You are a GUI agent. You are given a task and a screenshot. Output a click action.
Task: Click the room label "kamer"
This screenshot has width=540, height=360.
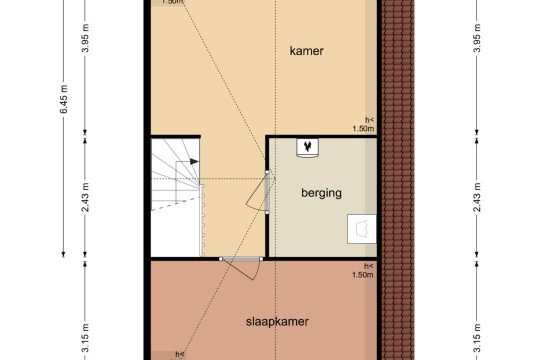(307, 51)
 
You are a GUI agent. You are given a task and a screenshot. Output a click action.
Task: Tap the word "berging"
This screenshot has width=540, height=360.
(321, 193)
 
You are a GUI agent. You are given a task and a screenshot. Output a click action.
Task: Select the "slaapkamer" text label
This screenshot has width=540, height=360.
(277, 322)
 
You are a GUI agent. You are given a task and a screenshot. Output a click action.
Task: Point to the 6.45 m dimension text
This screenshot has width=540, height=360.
(64, 99)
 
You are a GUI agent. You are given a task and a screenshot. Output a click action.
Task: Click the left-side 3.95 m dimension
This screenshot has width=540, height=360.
(85, 38)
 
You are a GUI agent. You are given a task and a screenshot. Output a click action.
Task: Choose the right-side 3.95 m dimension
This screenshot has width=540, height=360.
(477, 38)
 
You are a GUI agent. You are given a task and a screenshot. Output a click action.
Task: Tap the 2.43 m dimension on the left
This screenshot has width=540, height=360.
(85, 197)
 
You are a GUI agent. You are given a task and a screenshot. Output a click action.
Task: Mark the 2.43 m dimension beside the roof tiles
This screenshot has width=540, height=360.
(477, 197)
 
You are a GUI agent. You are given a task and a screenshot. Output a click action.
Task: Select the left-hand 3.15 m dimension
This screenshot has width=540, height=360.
(85, 338)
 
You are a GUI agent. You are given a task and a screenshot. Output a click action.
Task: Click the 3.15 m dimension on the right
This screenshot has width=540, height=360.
(477, 338)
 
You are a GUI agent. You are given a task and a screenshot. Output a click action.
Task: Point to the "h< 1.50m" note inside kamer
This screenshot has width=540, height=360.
(364, 124)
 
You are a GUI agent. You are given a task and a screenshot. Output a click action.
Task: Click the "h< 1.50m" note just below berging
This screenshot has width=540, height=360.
(363, 271)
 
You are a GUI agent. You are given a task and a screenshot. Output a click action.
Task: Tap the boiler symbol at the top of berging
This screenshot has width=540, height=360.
(307, 148)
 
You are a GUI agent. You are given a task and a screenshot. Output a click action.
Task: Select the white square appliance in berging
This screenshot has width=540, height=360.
(362, 229)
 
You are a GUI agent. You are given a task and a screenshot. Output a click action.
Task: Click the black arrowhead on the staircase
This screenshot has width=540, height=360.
(195, 161)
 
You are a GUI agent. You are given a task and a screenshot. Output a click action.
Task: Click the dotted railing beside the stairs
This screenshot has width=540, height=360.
(202, 220)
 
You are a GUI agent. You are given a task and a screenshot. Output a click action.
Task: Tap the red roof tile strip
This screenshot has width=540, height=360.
(398, 180)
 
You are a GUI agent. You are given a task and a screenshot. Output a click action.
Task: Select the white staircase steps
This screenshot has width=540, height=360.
(176, 196)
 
